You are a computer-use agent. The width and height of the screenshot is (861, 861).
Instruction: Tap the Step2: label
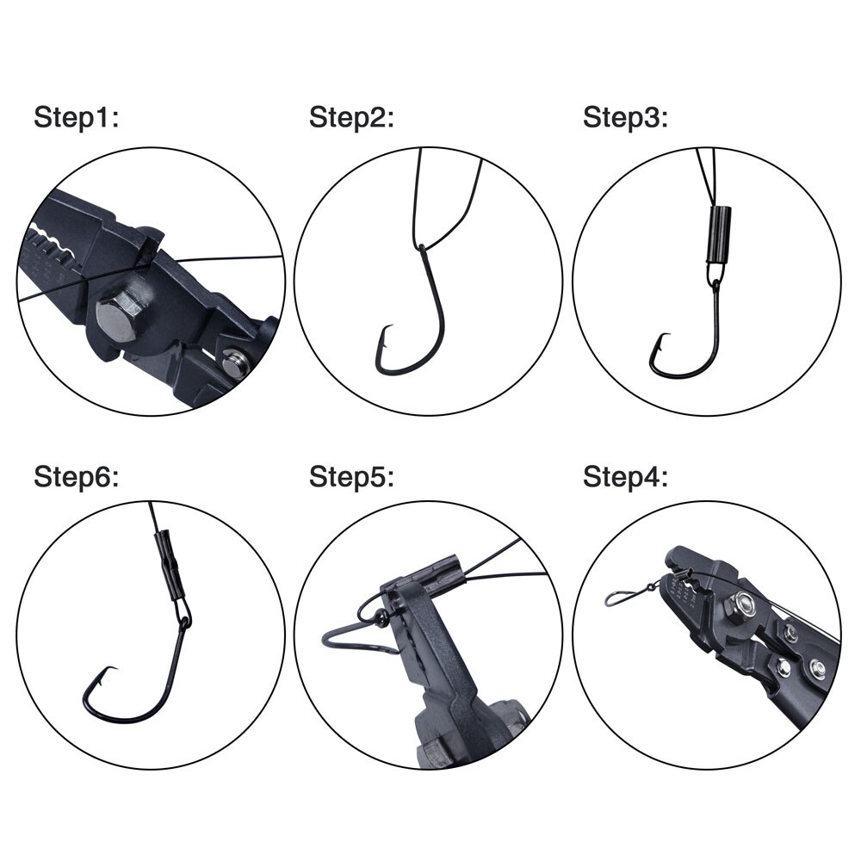[351, 118]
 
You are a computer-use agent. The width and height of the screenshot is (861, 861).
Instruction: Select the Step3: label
[625, 118]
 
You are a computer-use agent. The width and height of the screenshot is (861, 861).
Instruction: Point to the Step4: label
[625, 476]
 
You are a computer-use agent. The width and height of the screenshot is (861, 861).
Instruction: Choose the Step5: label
[351, 476]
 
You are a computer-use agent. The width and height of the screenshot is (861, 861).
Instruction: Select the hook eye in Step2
[421, 250]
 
